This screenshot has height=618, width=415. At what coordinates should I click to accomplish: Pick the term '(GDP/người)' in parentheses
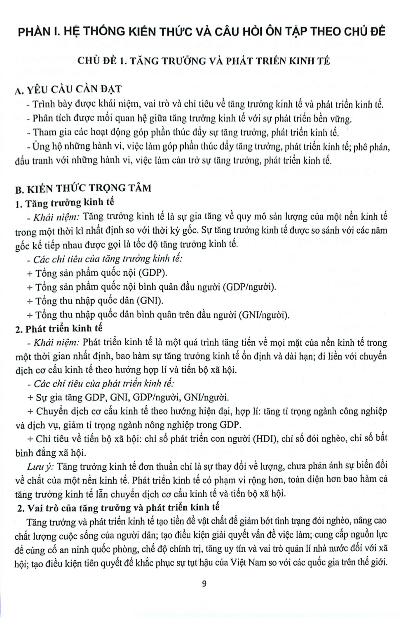point(249,286)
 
